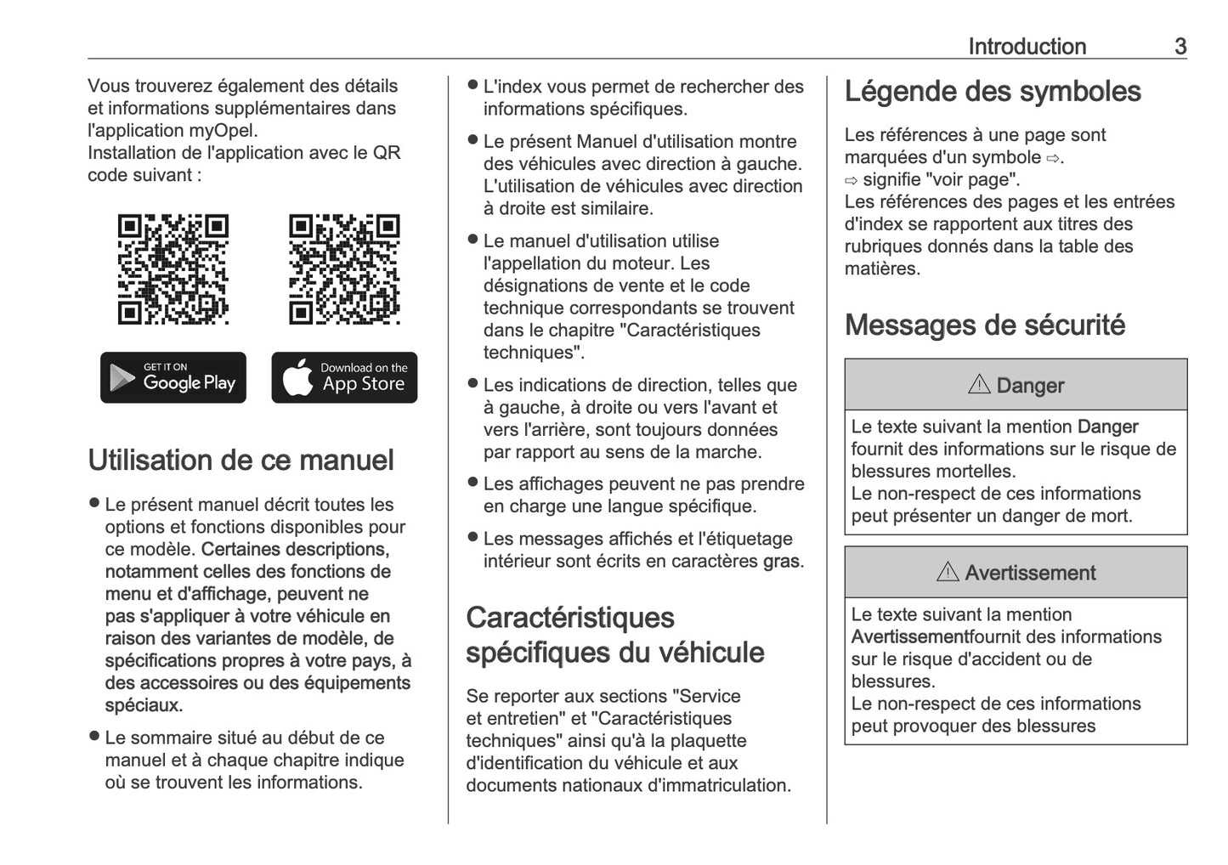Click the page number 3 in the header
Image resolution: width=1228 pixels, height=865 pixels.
1180,46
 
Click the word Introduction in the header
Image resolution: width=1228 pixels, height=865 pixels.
1027,46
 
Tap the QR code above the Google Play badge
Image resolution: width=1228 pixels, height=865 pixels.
173,269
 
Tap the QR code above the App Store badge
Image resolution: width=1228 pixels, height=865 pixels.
344,269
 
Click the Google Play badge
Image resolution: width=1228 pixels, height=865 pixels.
173,377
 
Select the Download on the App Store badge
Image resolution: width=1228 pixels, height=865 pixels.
344,377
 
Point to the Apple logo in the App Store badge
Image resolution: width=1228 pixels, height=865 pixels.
297,376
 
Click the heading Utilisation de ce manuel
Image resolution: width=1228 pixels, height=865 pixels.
241,460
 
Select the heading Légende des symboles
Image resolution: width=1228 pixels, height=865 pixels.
993,92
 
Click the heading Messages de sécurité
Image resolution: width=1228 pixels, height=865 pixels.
985,325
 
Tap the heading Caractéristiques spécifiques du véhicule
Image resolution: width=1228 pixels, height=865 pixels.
615,635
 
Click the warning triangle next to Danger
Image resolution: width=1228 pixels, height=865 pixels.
979,385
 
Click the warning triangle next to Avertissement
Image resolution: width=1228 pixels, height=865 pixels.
948,573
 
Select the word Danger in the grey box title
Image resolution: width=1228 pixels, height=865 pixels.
1030,386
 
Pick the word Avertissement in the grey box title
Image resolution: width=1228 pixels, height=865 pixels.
1030,574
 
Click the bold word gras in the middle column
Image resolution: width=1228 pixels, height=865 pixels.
781,562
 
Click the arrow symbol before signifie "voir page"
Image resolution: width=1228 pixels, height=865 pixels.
852,180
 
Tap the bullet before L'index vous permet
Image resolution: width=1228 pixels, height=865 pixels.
473,86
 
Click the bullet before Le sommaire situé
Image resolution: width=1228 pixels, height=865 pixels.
94,737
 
